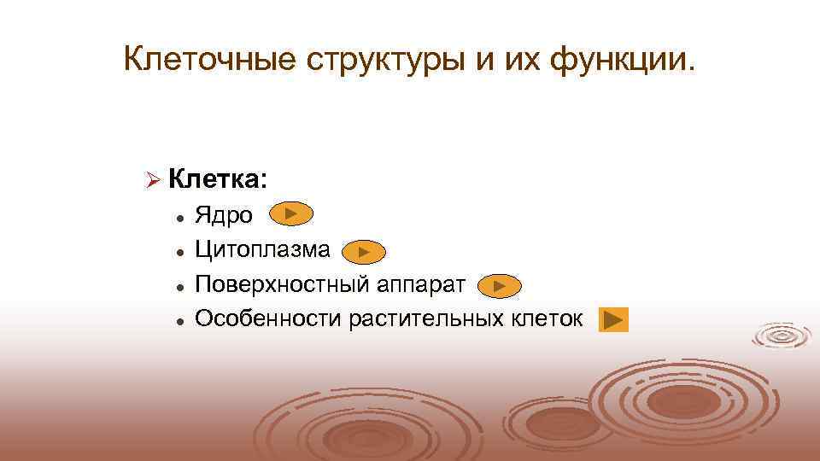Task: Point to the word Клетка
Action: pos(217,179)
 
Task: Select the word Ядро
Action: pos(224,215)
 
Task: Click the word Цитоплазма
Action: pos(262,249)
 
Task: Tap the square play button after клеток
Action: pos(613,320)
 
